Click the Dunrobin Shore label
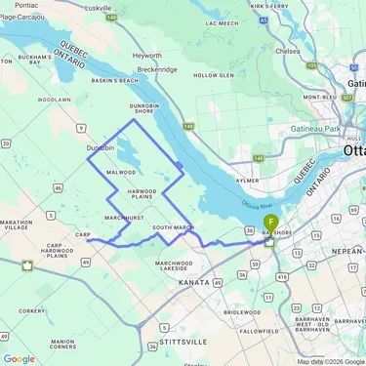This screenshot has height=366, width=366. coord(144,111)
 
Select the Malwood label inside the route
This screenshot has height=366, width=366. coord(121,172)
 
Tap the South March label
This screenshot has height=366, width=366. coord(174,227)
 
